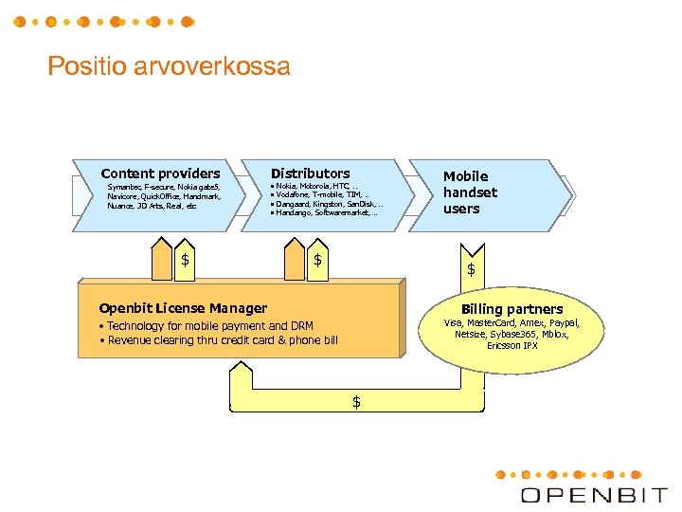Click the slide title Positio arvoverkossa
point(169,67)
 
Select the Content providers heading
point(160,174)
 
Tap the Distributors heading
point(310,174)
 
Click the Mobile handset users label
point(470,192)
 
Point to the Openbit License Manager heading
point(183,308)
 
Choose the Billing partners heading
point(511,309)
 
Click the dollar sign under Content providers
point(186,260)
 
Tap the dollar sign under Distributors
point(318,260)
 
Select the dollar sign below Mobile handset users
point(471,270)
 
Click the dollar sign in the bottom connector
point(356,402)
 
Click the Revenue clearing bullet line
point(218,340)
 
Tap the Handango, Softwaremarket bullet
point(323,213)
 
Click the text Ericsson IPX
point(511,345)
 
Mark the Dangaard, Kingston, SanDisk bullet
point(327,205)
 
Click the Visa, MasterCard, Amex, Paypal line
point(511,323)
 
